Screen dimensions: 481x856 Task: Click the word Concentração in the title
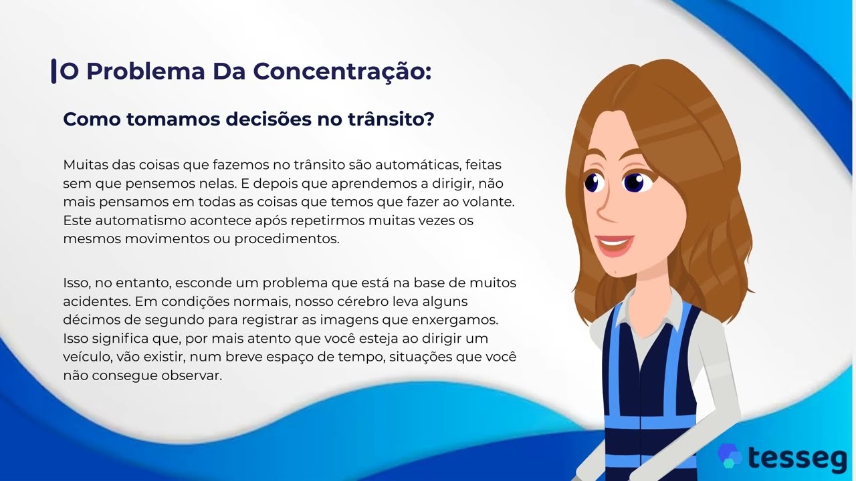click(341, 71)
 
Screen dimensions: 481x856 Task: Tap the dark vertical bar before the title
click(53, 71)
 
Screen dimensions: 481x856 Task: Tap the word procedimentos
click(287, 238)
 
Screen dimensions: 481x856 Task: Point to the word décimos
click(87, 320)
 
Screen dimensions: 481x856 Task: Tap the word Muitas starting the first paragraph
click(84, 164)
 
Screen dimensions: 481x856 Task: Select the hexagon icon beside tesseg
click(729, 456)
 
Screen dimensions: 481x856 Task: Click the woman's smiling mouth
click(614, 245)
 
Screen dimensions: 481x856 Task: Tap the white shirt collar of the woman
click(632, 314)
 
